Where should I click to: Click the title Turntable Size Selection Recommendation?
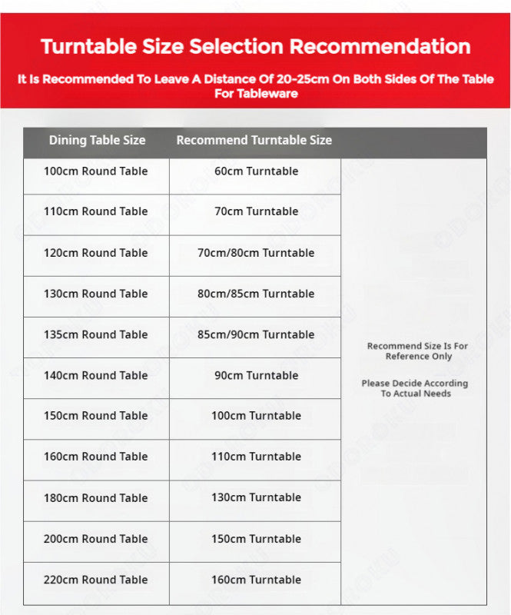255,46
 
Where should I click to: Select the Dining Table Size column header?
97,140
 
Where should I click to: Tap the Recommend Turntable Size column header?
254,140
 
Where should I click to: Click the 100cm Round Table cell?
96,171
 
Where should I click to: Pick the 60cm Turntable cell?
256,171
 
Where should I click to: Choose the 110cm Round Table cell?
96,211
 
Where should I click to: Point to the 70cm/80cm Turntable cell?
256,253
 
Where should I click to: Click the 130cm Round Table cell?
96,294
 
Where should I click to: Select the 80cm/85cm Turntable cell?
256,294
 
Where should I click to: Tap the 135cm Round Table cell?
96,334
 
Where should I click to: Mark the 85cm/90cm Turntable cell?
256,334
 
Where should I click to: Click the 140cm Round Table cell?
96,375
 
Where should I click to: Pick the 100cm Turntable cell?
256,416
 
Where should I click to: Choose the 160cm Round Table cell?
96,457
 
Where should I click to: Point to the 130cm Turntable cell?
256,498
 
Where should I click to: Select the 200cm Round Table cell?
96,539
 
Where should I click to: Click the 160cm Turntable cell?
256,580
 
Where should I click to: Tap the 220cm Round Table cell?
96,580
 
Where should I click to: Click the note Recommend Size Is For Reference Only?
417,351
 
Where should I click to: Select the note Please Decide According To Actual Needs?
415,388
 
